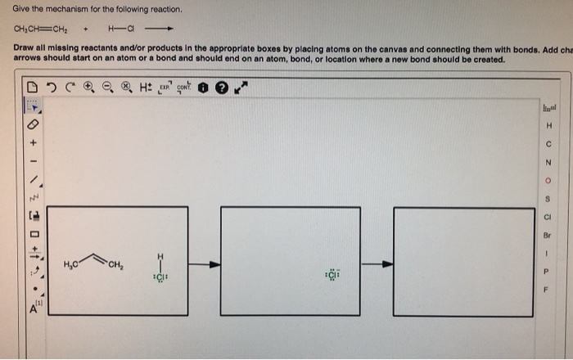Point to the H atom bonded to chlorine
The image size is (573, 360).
(160, 254)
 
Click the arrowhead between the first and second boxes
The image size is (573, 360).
(214, 264)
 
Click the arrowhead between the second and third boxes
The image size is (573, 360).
(387, 264)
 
